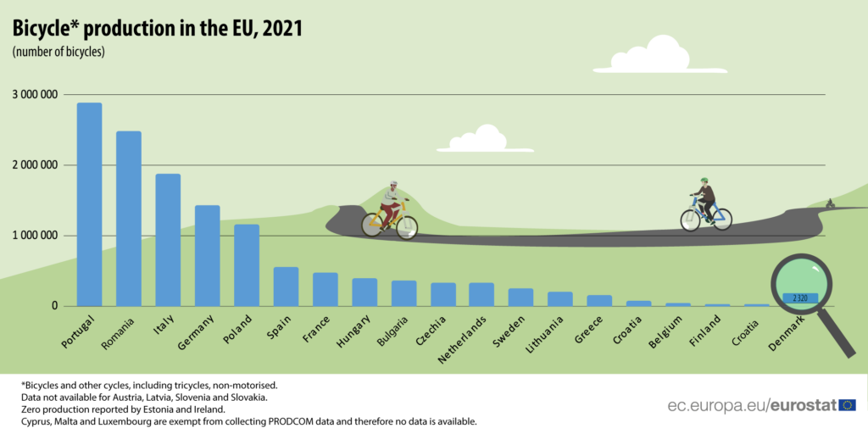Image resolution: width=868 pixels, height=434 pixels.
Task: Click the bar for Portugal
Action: tap(89, 203)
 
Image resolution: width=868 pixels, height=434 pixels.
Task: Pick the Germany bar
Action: tap(207, 255)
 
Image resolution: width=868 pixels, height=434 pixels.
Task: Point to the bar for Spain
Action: tap(286, 287)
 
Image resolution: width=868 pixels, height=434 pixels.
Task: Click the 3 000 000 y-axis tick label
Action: tap(35, 95)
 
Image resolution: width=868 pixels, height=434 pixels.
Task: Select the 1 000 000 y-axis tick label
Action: tap(35, 235)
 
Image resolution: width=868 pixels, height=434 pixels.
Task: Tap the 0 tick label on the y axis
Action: tap(53, 305)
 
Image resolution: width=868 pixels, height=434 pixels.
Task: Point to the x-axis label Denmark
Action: tap(787, 333)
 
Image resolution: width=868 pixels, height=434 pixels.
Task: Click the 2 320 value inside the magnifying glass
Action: tap(800, 298)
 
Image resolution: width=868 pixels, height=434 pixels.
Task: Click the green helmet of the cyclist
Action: tap(704, 181)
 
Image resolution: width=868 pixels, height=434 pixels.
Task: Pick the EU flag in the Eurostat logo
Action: tap(848, 405)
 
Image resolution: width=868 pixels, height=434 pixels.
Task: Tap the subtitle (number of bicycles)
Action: tap(58, 53)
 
